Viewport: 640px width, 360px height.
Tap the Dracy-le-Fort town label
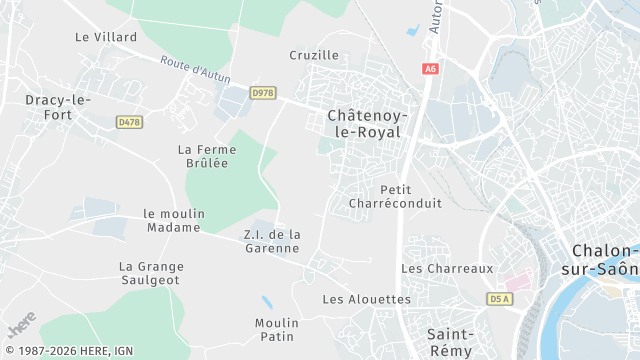coord(58,106)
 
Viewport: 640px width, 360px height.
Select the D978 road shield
coord(262,93)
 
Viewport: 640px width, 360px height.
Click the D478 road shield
coord(128,121)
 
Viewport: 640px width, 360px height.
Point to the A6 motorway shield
coord(430,69)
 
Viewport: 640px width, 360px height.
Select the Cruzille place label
coord(314,55)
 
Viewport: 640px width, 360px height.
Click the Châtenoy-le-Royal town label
coord(364,123)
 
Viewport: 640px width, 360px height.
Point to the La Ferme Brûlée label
coord(203,156)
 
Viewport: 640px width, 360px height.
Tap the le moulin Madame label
coord(174,220)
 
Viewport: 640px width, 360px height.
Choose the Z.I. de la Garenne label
coord(272,241)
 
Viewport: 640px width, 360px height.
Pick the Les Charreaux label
coord(447,269)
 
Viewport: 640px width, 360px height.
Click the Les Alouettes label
coord(366,299)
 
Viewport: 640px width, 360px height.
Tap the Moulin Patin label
coord(277,330)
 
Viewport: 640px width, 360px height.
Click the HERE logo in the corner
coord(21,328)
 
